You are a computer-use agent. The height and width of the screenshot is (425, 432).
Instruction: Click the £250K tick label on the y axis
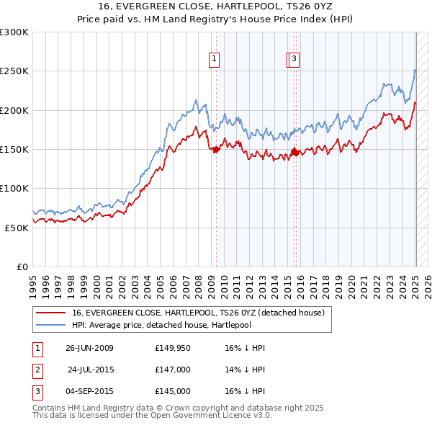coord(14,71)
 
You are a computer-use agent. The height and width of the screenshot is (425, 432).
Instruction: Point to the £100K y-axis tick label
coord(14,188)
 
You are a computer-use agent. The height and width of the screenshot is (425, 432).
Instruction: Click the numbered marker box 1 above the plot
coord(215,61)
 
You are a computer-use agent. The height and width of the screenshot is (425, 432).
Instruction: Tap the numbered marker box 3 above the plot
coord(295,61)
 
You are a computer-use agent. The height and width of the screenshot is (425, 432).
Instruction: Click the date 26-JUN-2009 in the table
coord(89,348)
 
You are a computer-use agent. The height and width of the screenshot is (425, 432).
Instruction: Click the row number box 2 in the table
coord(37,370)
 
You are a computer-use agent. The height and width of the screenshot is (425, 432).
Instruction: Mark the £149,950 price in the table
coord(172,348)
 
